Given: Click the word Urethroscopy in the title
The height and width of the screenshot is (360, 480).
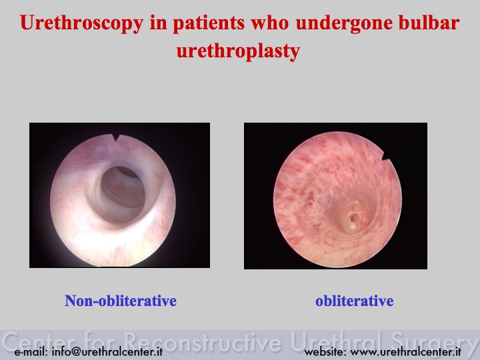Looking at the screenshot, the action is click(x=82, y=23).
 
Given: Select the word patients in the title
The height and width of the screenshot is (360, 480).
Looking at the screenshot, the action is click(x=209, y=23).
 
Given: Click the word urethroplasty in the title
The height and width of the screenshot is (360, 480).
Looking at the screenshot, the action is click(x=238, y=51).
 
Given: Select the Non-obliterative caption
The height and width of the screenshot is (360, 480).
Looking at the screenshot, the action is click(x=121, y=301).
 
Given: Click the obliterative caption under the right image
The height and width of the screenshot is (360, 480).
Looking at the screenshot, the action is click(x=354, y=301).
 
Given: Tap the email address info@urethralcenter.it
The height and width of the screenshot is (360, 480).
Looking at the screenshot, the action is click(x=107, y=351).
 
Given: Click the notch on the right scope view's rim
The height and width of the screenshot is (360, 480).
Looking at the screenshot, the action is click(x=386, y=156).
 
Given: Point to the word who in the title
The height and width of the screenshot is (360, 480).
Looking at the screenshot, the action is click(x=270, y=23).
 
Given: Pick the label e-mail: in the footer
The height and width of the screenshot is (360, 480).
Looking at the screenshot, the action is click(x=31, y=351).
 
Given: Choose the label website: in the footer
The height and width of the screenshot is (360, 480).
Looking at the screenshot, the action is click(x=325, y=351).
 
